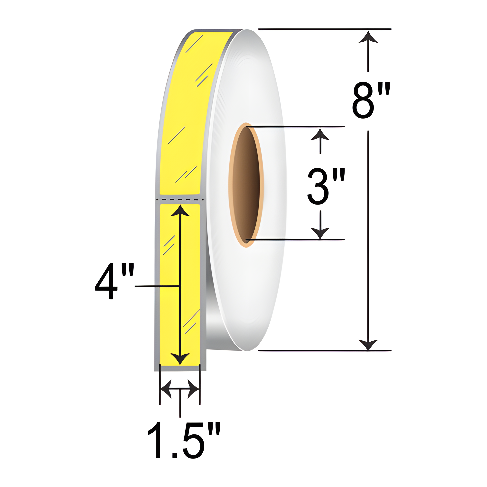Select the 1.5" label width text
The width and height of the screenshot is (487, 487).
pyautogui.click(x=184, y=444)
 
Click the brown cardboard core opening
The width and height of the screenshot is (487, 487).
pyautogui.click(x=246, y=185)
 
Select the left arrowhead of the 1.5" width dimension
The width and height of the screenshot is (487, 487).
pyautogui.click(x=166, y=389)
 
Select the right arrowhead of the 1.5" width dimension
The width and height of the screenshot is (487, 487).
pyautogui.click(x=194, y=389)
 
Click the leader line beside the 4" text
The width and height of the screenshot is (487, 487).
pyautogui.click(x=156, y=286)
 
